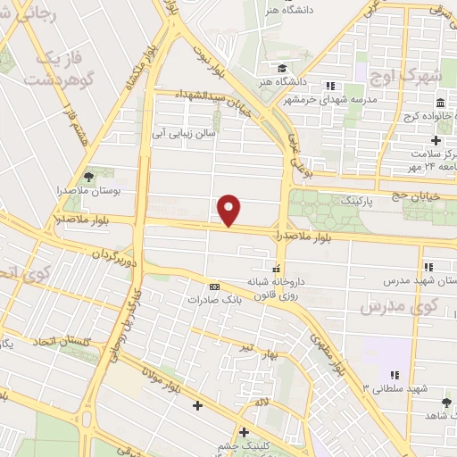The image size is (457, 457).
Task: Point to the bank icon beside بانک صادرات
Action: point(214,287)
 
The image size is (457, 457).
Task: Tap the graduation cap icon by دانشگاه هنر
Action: point(281,69)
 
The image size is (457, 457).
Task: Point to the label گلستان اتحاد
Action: point(62,342)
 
